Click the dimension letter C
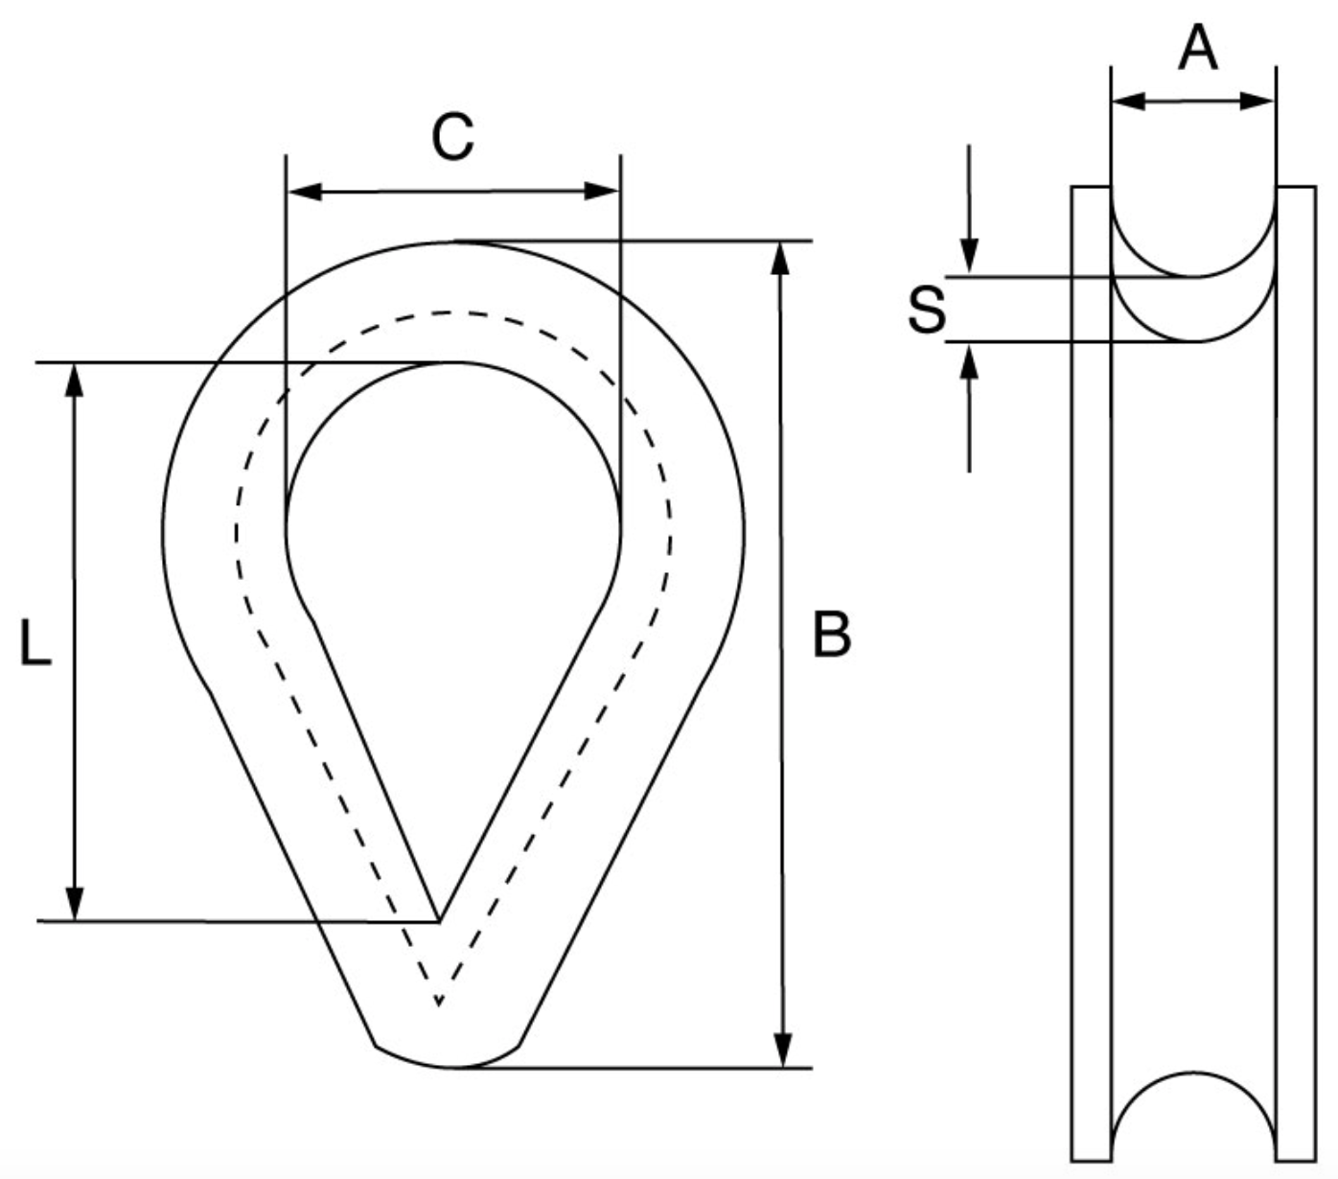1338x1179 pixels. (452, 137)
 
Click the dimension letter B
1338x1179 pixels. (831, 635)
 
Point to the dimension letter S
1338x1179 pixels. (926, 311)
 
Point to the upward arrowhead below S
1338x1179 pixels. (969, 360)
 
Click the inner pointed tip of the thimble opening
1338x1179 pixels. (439, 918)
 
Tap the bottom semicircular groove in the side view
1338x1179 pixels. (1193, 1112)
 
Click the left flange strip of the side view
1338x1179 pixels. (1091, 671)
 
